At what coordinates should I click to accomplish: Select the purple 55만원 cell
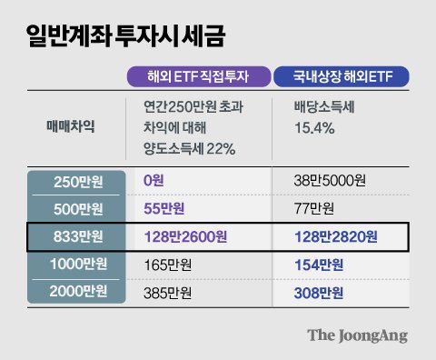[x=165, y=209]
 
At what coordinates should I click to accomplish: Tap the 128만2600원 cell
[x=185, y=237]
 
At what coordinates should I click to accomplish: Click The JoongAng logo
[x=356, y=335]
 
